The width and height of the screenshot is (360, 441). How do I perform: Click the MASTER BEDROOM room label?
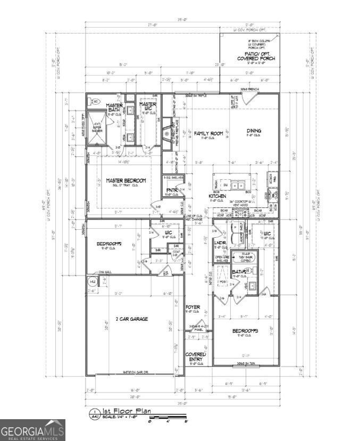tap(125, 181)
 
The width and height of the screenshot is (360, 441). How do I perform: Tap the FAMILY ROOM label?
tap(208, 134)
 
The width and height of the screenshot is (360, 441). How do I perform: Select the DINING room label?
tap(254, 130)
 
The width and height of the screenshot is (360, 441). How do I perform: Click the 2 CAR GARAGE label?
tap(132, 319)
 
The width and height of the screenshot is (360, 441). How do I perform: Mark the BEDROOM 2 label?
tap(110, 244)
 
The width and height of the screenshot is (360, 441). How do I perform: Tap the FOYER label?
tap(192, 307)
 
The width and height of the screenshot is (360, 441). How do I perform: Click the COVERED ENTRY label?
tap(195, 357)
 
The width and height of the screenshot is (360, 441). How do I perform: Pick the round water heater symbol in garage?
tap(93, 281)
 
